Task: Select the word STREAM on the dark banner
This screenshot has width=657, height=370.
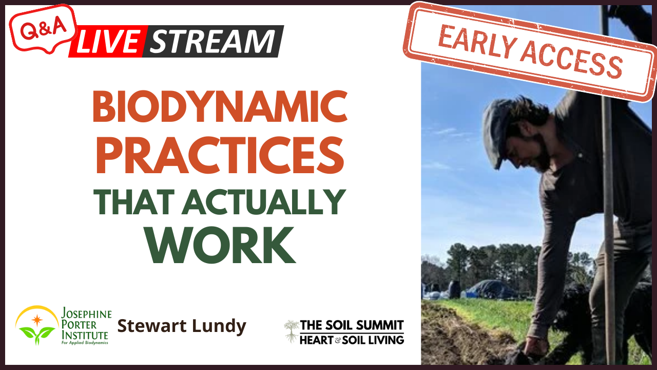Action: click(x=213, y=42)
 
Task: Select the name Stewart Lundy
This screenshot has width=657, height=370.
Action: click(x=182, y=326)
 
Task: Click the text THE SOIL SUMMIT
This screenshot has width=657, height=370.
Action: click(x=352, y=325)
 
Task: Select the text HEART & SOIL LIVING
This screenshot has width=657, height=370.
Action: click(x=352, y=339)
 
